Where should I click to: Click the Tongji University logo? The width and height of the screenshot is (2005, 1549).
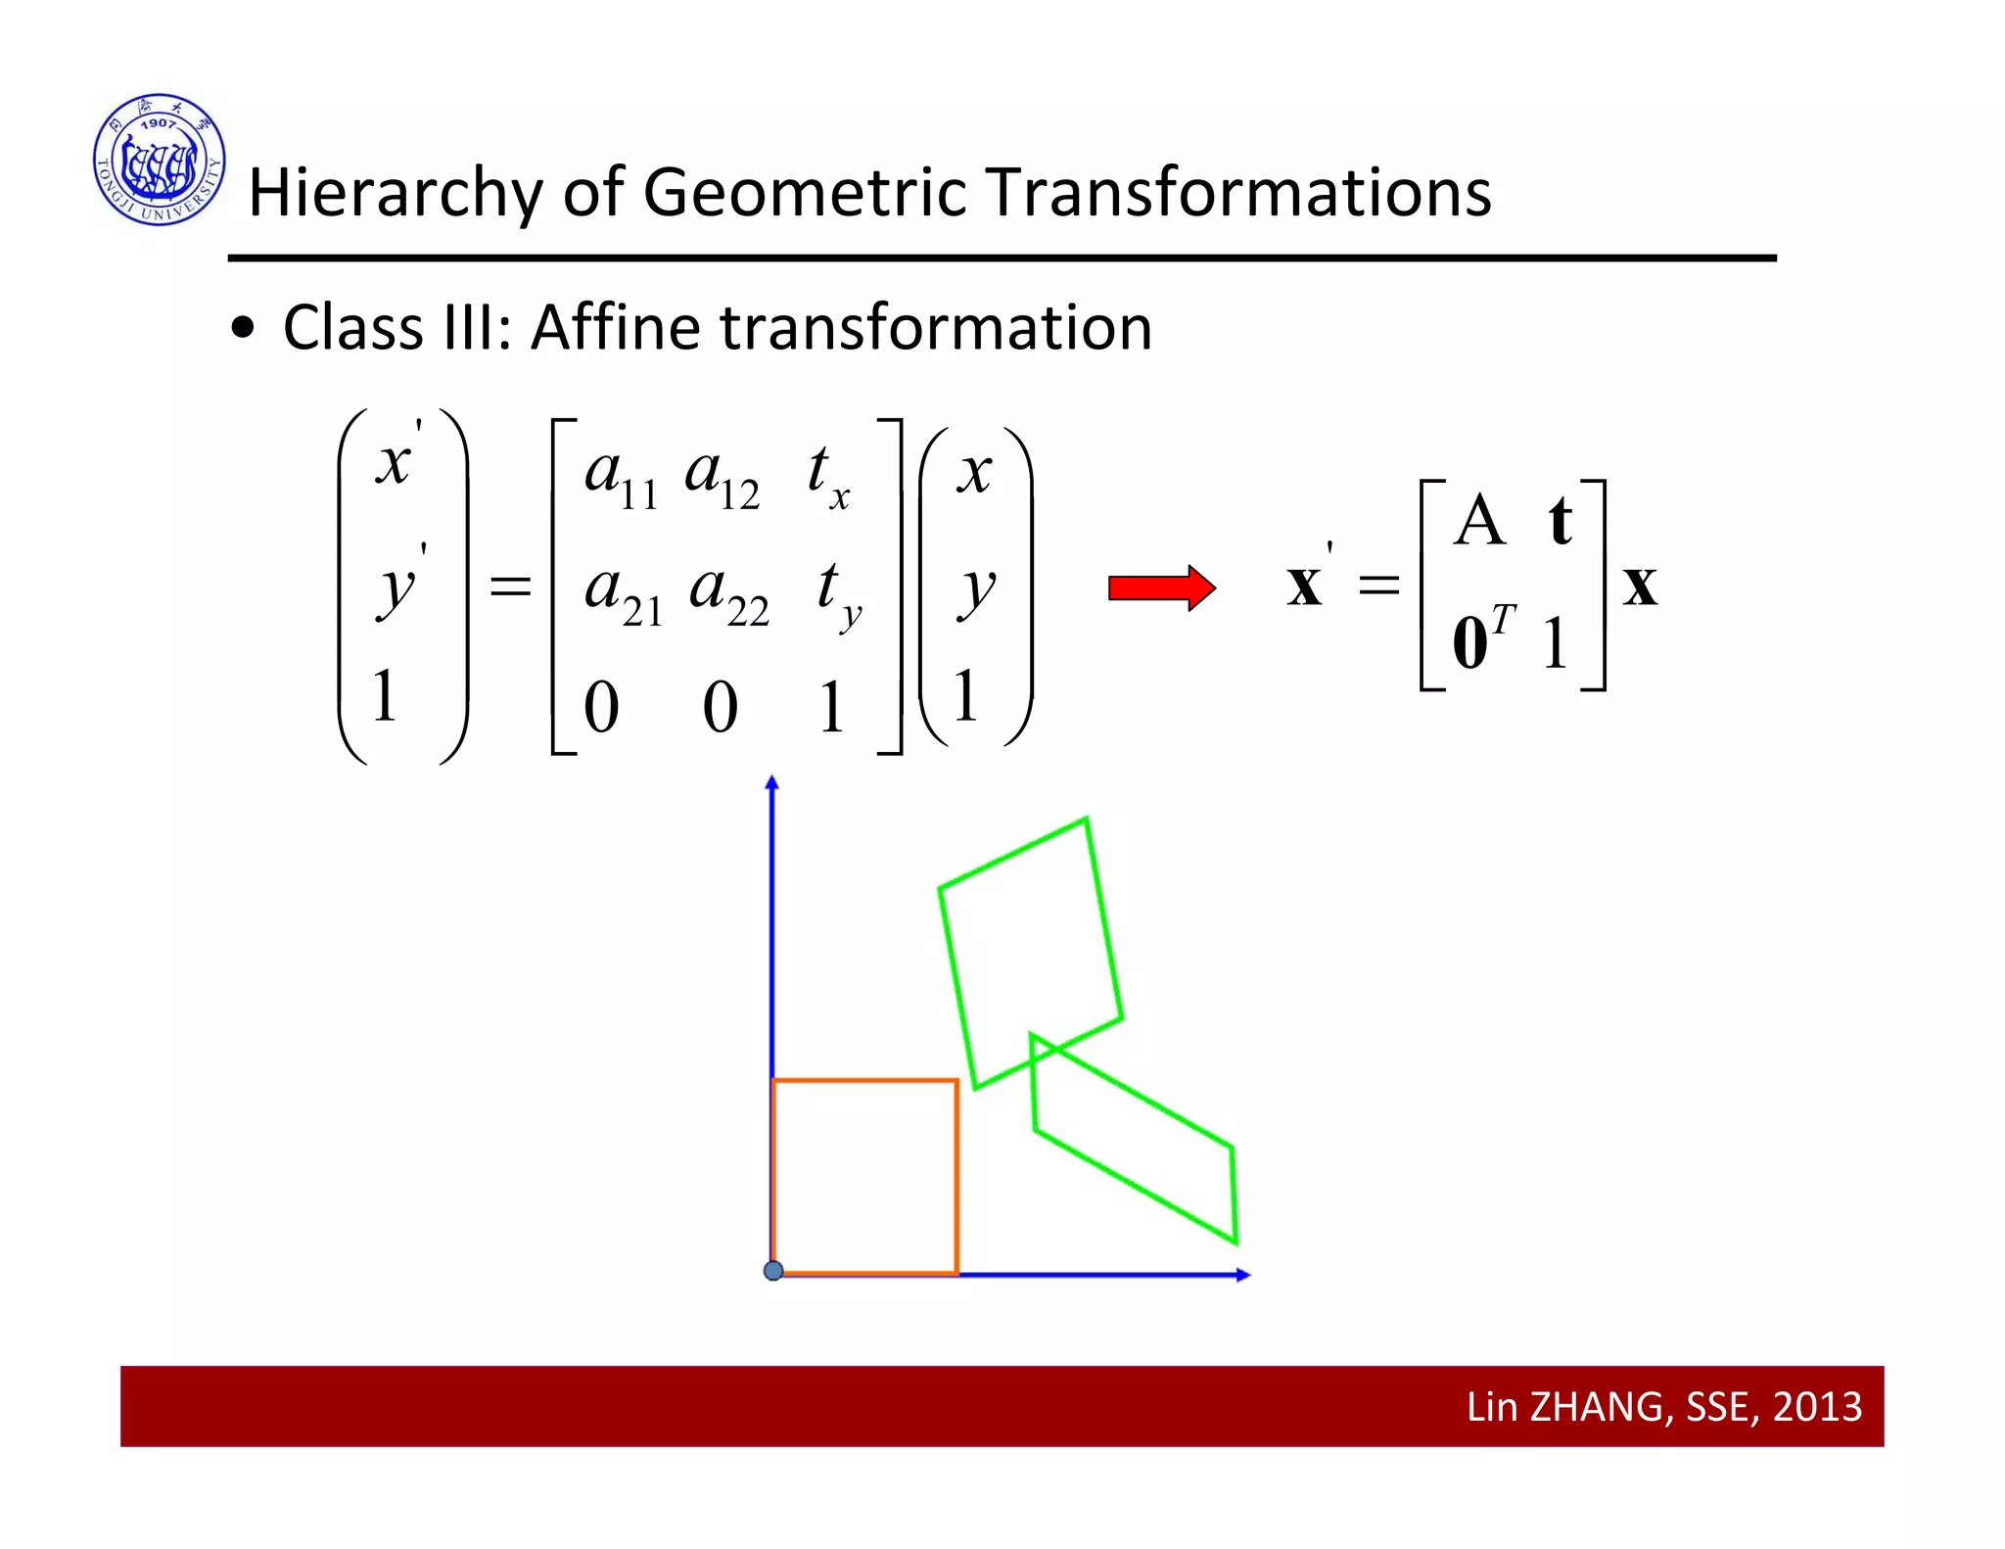coord(160,160)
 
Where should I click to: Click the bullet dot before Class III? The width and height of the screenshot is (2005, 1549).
coord(243,330)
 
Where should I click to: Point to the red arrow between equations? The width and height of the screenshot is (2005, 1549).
coord(1161,587)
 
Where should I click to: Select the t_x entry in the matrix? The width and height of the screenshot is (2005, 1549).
coord(827,475)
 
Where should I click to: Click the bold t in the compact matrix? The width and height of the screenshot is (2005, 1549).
coord(1560,522)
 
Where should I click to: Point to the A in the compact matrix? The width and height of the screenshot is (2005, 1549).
coord(1478,521)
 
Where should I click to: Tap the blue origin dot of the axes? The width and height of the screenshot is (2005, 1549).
coord(773,1271)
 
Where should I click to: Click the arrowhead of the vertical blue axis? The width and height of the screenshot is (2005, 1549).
coord(771,782)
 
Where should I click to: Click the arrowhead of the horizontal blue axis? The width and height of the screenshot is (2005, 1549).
coord(1243,1275)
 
